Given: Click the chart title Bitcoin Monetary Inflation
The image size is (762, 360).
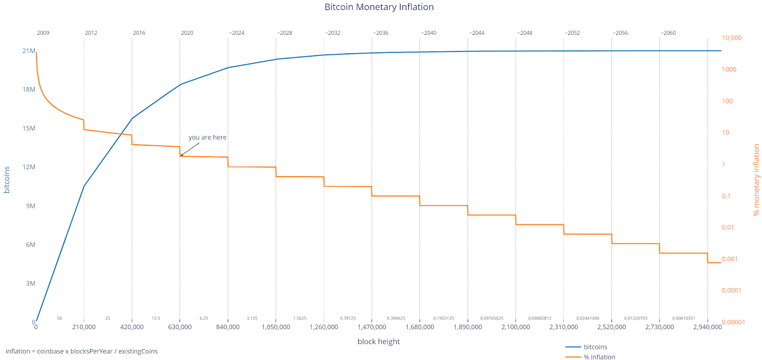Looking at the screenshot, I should click(x=379, y=7).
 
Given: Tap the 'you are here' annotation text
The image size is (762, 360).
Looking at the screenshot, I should click(x=207, y=137).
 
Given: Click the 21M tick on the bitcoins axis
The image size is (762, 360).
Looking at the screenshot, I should click(x=29, y=51).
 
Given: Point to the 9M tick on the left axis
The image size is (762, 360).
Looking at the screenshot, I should click(x=30, y=206).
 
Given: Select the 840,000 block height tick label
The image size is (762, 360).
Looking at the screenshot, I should click(x=228, y=327).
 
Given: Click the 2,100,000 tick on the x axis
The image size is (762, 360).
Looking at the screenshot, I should click(x=515, y=327).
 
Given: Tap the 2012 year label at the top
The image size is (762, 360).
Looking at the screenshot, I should click(x=91, y=33).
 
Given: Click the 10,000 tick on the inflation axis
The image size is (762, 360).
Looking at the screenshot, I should click(x=732, y=38).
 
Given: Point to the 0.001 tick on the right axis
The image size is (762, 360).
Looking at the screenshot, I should click(x=730, y=259).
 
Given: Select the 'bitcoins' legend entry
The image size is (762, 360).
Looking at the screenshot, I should click(x=595, y=347).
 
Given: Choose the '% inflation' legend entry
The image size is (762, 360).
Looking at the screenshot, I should click(x=599, y=357).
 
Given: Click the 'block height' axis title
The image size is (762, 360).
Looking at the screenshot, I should click(x=379, y=341).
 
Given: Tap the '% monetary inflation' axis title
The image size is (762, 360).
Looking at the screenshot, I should click(x=756, y=180).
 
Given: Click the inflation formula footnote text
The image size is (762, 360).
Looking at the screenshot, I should click(x=81, y=351).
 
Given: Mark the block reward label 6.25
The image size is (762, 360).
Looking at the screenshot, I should click(x=204, y=318).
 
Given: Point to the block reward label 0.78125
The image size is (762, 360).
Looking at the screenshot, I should click(x=348, y=318).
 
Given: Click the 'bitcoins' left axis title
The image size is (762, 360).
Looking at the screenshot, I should click(x=7, y=180).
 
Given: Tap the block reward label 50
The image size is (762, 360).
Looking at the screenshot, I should click(x=60, y=318).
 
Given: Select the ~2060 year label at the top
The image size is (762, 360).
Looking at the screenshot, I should click(x=668, y=33).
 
